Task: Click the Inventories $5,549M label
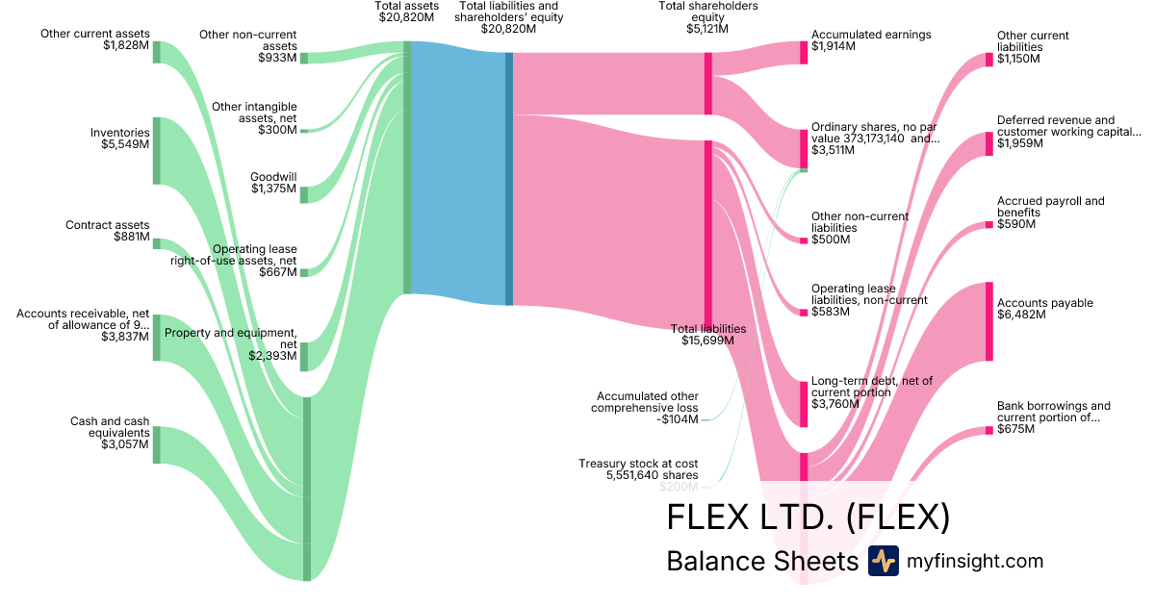pyautogui.click(x=120, y=139)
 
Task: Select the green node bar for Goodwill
pyautogui.click(x=304, y=194)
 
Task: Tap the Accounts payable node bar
pyautogui.click(x=988, y=321)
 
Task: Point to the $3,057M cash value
pyautogui.click(x=124, y=444)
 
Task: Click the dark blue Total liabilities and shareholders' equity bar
pyautogui.click(x=509, y=179)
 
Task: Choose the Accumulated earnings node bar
pyautogui.click(x=804, y=52)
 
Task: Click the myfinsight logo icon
pyautogui.click(x=883, y=561)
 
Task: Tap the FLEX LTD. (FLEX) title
pyautogui.click(x=808, y=518)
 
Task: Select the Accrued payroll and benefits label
pyautogui.click(x=1051, y=207)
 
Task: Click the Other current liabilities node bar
pyautogui.click(x=988, y=60)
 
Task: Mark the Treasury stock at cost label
pyautogui.click(x=638, y=469)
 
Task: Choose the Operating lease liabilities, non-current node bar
pyautogui.click(x=804, y=311)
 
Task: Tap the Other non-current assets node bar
pyautogui.click(x=304, y=58)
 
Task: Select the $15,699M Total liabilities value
pyautogui.click(x=707, y=341)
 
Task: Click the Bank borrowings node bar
pyautogui.click(x=988, y=430)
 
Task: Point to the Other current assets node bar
pyautogui.click(x=157, y=52)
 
